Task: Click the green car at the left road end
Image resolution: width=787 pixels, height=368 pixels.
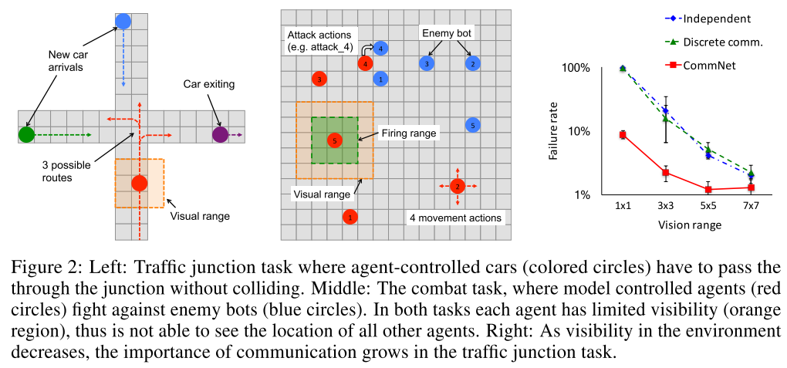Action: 26,134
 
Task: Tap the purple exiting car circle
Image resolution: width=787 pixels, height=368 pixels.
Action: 220,134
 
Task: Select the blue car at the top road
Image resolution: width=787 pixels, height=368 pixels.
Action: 123,21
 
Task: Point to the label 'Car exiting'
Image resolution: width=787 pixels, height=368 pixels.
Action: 209,84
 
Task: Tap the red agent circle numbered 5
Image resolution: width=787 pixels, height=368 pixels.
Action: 334,140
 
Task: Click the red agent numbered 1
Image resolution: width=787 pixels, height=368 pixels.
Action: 350,217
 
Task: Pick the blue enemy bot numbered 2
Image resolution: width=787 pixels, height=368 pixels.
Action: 472,64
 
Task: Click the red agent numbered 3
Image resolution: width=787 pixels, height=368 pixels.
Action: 319,79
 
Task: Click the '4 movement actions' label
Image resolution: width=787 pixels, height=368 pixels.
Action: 456,218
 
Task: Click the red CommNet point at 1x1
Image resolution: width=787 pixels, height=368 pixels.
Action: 623,134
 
